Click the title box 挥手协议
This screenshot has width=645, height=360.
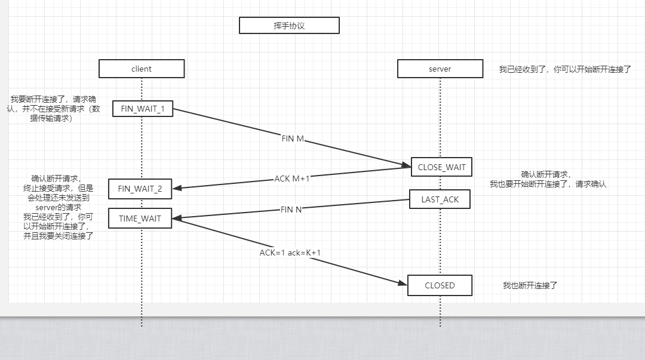pyautogui.click(x=289, y=26)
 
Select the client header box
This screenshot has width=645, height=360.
pyautogui.click(x=142, y=69)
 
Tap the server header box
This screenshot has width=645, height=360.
pyautogui.click(x=440, y=69)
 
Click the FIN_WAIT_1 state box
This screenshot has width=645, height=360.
pyautogui.click(x=143, y=109)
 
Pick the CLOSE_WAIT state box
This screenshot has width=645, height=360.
pyautogui.click(x=441, y=167)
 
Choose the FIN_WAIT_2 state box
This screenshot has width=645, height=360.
pyautogui.click(x=140, y=189)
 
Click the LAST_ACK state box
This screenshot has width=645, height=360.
pyautogui.click(x=440, y=199)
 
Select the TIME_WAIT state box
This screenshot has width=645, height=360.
pyautogui.click(x=140, y=219)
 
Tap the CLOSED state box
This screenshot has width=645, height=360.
pyautogui.click(x=440, y=285)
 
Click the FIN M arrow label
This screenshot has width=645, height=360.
pyautogui.click(x=293, y=139)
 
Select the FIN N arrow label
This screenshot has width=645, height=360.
pyautogui.click(x=291, y=210)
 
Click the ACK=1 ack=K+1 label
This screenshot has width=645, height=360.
pyautogui.click(x=290, y=253)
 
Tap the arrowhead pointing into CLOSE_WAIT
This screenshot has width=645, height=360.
pyautogui.click(x=406, y=164)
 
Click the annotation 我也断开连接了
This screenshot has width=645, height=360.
pyautogui.click(x=530, y=285)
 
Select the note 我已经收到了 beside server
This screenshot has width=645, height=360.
pyautogui.click(x=565, y=69)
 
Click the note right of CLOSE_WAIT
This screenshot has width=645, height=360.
pyautogui.click(x=548, y=179)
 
